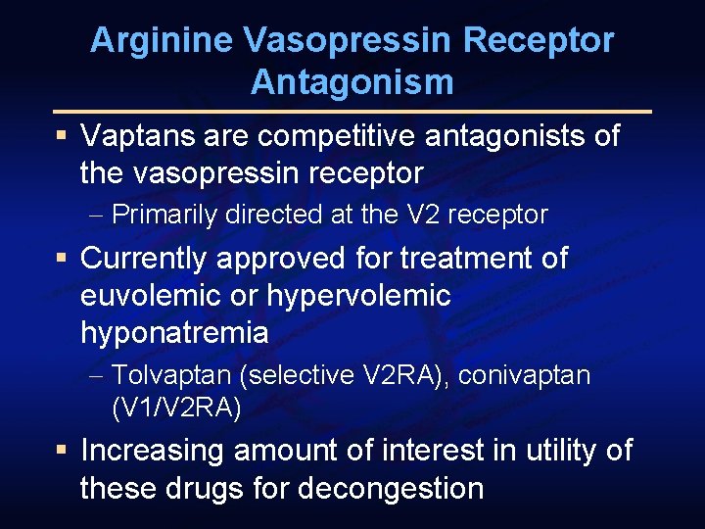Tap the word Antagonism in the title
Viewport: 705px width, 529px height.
click(352, 82)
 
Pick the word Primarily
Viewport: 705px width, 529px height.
click(165, 215)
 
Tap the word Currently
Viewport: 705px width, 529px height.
click(144, 258)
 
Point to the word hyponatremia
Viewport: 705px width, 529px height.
click(174, 332)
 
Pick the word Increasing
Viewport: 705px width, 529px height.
click(150, 451)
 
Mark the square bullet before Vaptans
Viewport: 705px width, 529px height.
click(61, 135)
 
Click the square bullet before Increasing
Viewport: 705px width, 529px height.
click(61, 451)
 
